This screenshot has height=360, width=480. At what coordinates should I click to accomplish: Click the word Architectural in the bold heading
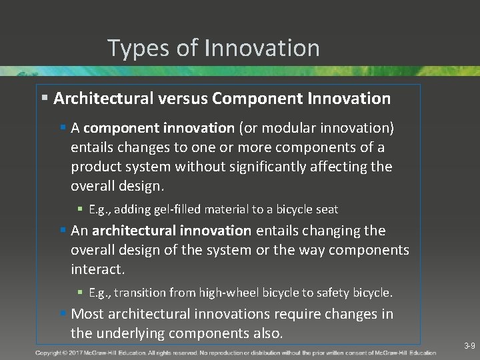click(x=104, y=99)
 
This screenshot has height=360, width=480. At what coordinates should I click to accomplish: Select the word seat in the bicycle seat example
click(x=326, y=209)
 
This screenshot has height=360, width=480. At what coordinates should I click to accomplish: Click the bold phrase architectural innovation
click(x=172, y=231)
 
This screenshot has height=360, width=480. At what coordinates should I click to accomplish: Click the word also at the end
click(x=267, y=333)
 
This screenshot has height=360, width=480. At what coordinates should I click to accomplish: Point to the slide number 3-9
click(x=469, y=346)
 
